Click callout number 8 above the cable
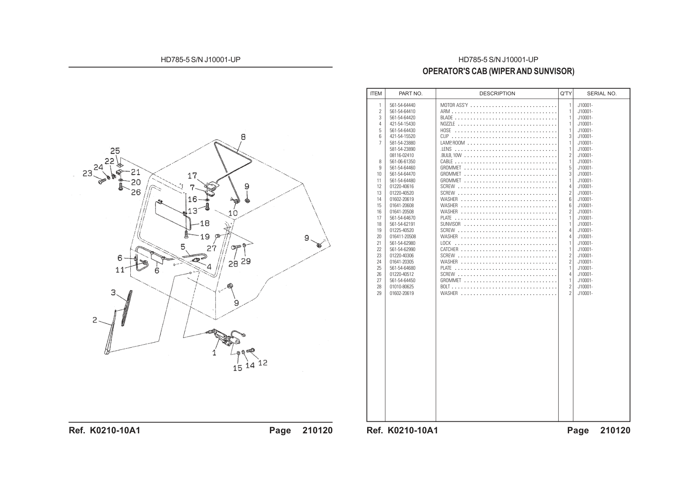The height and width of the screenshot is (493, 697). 243,137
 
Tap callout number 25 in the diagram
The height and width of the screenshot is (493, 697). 115,151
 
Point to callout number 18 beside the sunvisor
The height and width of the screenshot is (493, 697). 205,223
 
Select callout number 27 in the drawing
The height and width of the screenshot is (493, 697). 212,248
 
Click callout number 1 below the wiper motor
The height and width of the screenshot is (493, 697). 214,353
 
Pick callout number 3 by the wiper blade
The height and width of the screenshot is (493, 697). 113,293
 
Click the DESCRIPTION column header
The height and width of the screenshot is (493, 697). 497,94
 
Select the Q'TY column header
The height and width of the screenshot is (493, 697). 566,94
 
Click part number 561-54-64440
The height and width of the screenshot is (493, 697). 402,105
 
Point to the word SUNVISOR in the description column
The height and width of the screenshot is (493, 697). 450,224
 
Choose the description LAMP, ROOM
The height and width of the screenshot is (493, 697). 452,143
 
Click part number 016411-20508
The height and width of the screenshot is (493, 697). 403,237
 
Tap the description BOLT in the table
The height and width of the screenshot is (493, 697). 445,287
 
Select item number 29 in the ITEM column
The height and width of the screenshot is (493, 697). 379,293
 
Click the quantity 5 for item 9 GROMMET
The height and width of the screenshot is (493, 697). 570,168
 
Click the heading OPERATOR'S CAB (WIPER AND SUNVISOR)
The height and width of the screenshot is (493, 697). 498,71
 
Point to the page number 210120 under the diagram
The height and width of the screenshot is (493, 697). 317,430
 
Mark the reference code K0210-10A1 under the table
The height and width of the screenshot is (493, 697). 413,430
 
